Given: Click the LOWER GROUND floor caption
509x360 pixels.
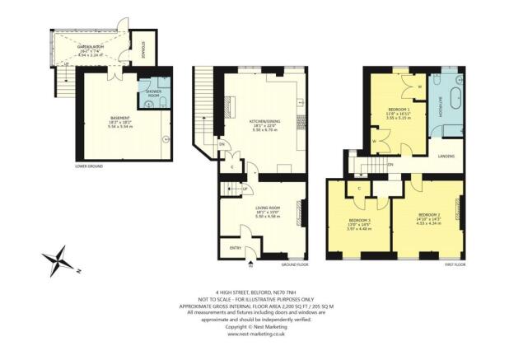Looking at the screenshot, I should click(88, 166).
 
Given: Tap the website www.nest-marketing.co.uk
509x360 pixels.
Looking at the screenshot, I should click(254, 334).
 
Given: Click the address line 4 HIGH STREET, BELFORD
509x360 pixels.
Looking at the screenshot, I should click(254, 292).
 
